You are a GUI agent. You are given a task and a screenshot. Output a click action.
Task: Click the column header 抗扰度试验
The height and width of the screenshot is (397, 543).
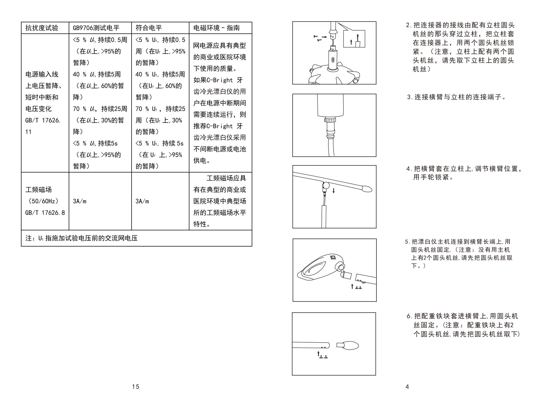coord(42,28)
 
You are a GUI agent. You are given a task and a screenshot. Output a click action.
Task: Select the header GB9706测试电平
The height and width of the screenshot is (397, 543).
coord(96,28)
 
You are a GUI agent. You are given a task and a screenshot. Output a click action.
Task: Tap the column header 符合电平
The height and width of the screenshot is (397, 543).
coord(149,28)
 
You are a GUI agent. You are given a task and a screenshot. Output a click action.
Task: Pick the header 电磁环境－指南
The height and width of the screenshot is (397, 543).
coord(216,28)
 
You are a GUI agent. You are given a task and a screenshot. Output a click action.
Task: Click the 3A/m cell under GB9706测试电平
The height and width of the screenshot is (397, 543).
coord(80,201)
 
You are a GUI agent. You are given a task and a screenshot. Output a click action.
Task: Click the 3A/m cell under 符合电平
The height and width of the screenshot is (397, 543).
coord(142,201)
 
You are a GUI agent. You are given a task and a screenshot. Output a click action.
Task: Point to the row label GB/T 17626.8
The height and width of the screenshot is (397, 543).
coord(45,213)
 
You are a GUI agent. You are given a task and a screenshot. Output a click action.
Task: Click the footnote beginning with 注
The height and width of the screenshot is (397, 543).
coord(81,238)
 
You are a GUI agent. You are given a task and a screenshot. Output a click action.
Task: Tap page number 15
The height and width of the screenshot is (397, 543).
coord(136,387)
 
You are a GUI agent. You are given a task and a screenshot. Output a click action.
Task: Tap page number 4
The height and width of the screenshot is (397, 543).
coord(407,387)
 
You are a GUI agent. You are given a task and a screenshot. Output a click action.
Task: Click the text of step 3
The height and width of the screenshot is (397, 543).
coord(456,97)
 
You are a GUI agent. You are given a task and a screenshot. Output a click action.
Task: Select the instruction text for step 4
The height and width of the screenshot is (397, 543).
coord(464,173)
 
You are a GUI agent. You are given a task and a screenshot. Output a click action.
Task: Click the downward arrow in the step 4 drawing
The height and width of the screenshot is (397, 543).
coord(333,190)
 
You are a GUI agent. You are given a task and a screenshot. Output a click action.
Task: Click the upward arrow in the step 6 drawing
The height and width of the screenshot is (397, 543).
coord(318,354)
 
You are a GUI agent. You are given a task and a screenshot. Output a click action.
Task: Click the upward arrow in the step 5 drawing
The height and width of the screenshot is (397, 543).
coord(352,286)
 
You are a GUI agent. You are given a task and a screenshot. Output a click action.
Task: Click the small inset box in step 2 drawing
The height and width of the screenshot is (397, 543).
coord(354,39)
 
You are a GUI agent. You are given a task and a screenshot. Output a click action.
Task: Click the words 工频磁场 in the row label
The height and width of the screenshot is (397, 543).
coord(38,189)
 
